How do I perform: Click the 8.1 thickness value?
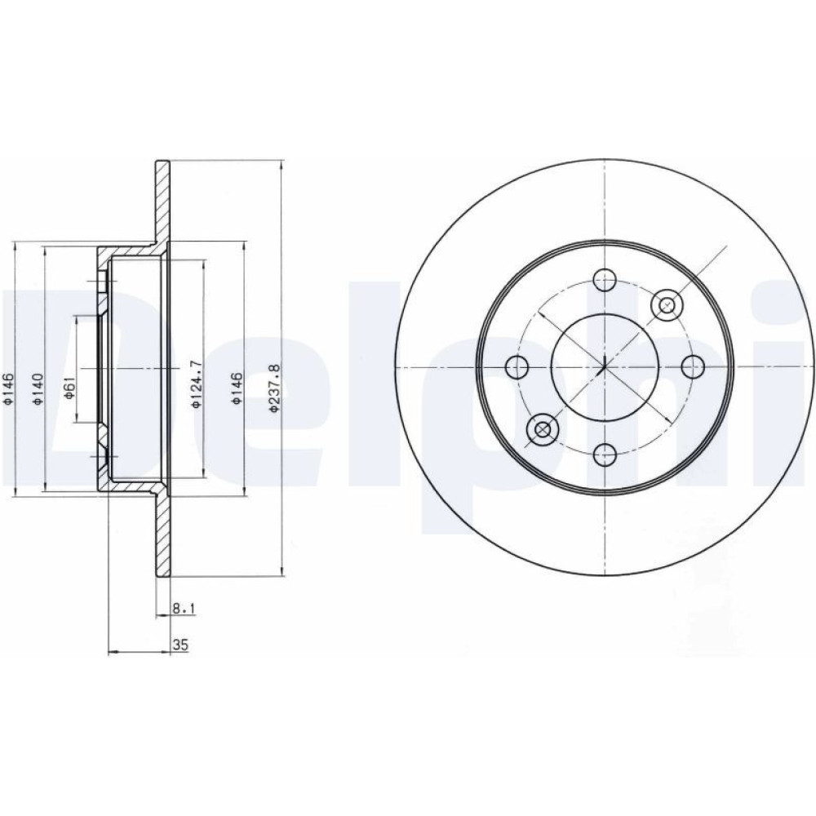click(183, 608)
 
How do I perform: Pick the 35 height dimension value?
click(180, 645)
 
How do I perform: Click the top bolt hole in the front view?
click(604, 281)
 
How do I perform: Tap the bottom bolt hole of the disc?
click(604, 455)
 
